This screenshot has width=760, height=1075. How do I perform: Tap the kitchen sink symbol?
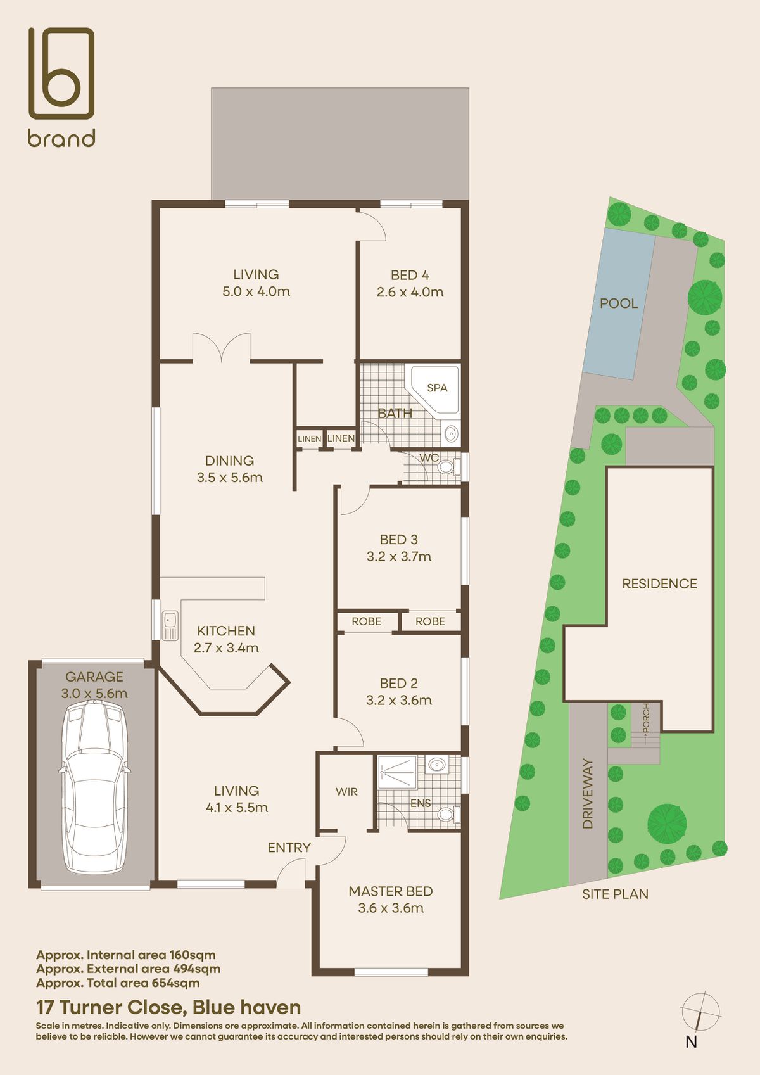coord(170,626)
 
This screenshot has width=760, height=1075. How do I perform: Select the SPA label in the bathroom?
coord(437,388)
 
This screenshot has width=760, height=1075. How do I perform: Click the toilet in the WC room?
coord(447,468)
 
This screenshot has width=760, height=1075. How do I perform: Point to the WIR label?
coord(346,792)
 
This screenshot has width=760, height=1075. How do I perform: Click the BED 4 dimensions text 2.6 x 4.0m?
coord(410,292)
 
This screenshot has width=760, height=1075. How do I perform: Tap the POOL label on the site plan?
coord(618,303)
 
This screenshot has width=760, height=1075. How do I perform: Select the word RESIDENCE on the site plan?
coord(659,583)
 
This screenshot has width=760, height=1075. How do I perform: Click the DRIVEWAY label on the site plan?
coord(588,794)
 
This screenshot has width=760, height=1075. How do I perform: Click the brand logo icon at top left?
coord(61,73)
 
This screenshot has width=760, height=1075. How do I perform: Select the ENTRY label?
coord(289,848)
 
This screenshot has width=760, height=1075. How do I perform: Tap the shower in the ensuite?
coord(397,771)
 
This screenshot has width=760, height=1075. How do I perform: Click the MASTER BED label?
coord(391,891)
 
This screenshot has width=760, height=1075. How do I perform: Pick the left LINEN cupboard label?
coord(310,438)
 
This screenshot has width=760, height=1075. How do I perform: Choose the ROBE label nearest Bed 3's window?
coord(430,621)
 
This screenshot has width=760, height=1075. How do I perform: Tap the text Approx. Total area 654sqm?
coord(118,983)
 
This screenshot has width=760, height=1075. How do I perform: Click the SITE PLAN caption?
coord(615,894)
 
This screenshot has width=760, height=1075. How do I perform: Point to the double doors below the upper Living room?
coord(222,347)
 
